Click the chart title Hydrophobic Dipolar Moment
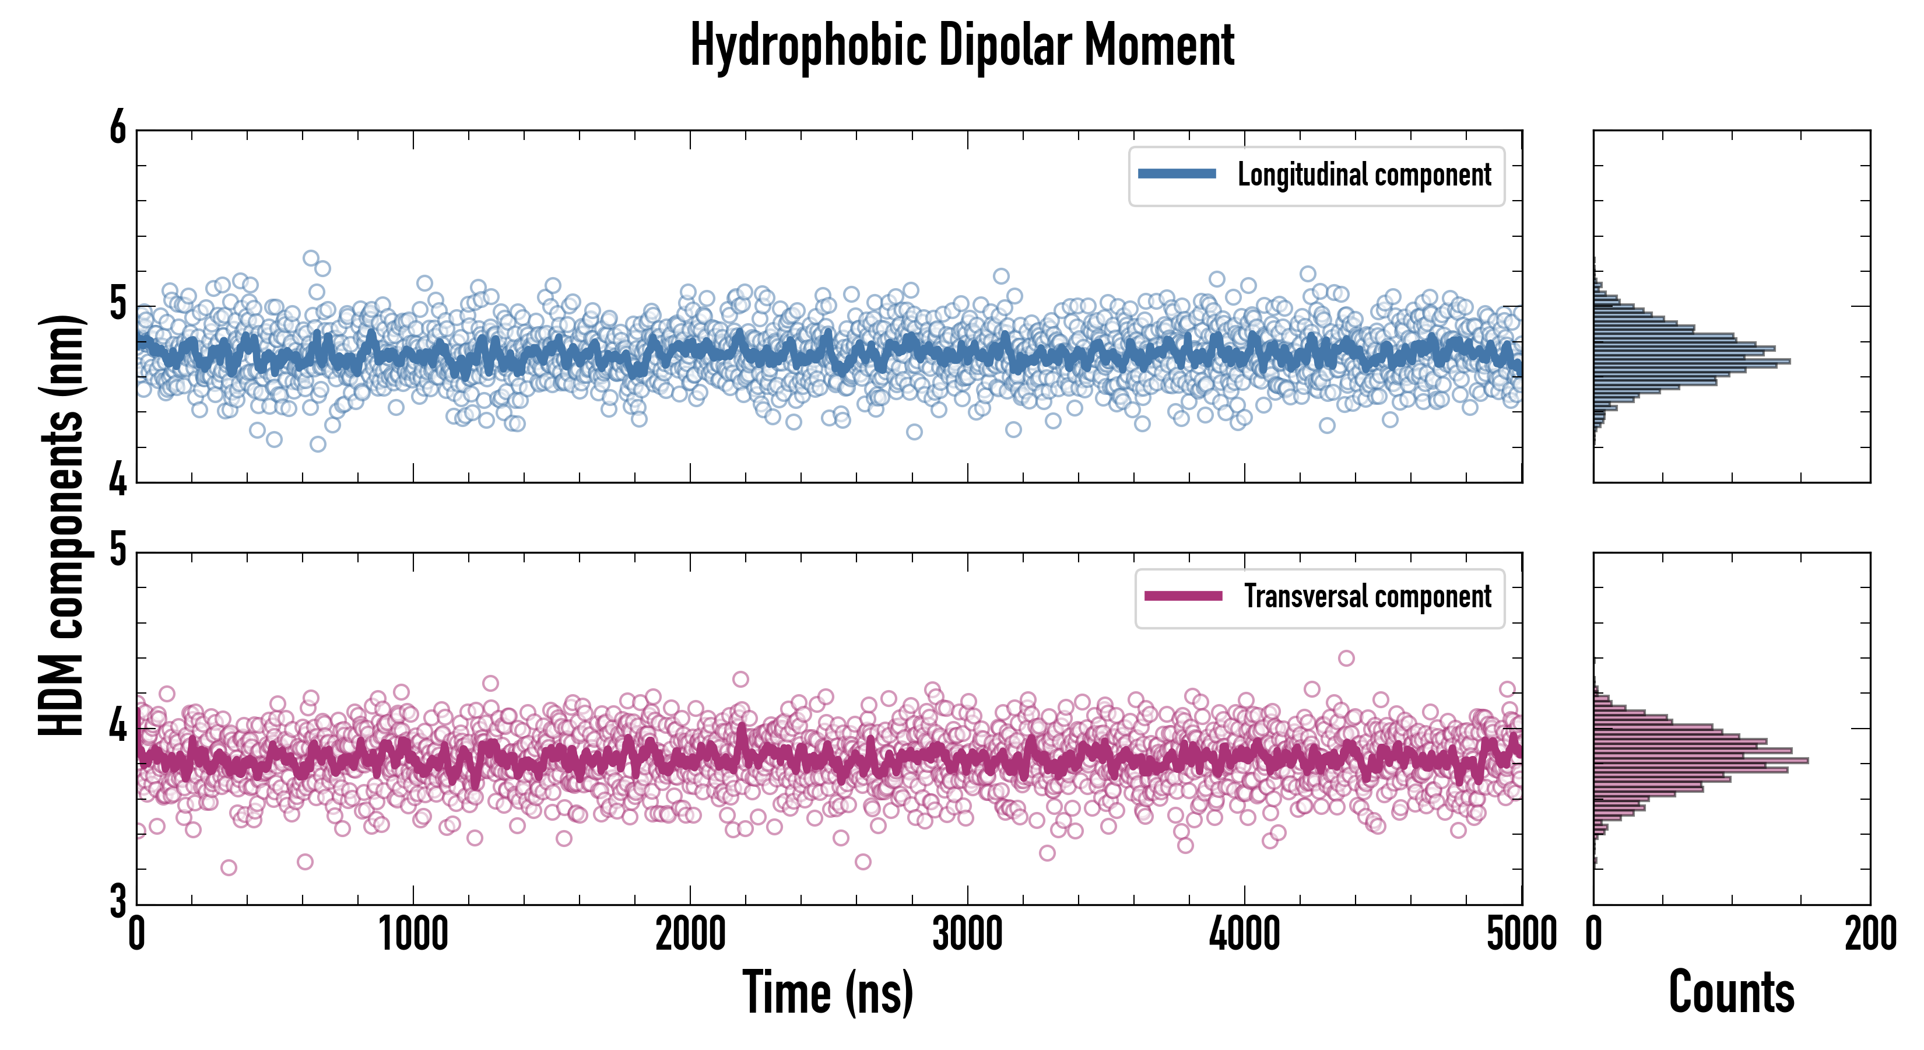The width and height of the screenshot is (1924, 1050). pyautogui.click(x=962, y=46)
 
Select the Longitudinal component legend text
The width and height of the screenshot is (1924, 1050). pyautogui.click(x=1364, y=175)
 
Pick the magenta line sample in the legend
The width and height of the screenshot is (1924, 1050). pyautogui.click(x=1183, y=596)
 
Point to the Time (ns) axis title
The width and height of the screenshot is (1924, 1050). pyautogui.click(x=827, y=992)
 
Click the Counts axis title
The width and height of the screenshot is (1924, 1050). pyautogui.click(x=1731, y=992)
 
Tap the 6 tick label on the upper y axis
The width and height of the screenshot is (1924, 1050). pyautogui.click(x=118, y=128)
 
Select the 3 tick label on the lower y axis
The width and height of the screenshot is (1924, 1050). pyautogui.click(x=118, y=901)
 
